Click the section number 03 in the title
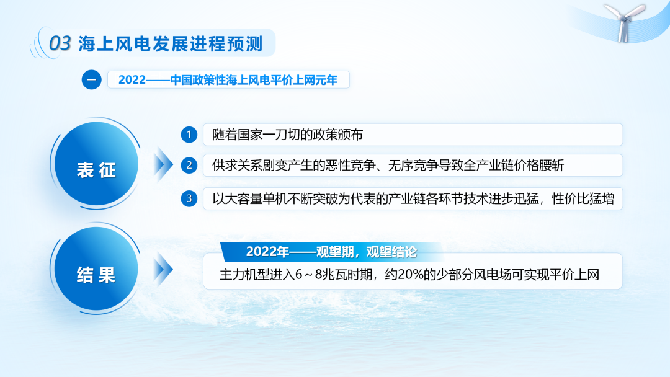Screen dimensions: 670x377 pyautogui.click(x=60, y=43)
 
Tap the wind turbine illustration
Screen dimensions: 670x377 pyautogui.click(x=624, y=22)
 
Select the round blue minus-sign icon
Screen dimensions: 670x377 pyautogui.click(x=91, y=80)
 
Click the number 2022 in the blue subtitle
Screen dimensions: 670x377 pyautogui.click(x=132, y=80)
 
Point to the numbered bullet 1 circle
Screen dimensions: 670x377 pyautogui.click(x=189, y=135)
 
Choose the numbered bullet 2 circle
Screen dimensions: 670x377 pyautogui.click(x=189, y=165)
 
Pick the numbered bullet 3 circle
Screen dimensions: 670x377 pyautogui.click(x=189, y=198)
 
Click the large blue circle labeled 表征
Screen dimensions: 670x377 pyautogui.click(x=96, y=164)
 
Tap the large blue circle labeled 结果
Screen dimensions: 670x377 pyautogui.click(x=96, y=268)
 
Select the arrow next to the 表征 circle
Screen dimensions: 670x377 pyautogui.click(x=163, y=164)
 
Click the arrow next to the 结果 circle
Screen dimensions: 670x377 pyautogui.click(x=163, y=269)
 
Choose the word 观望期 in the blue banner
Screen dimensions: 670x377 pyautogui.click(x=334, y=252)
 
